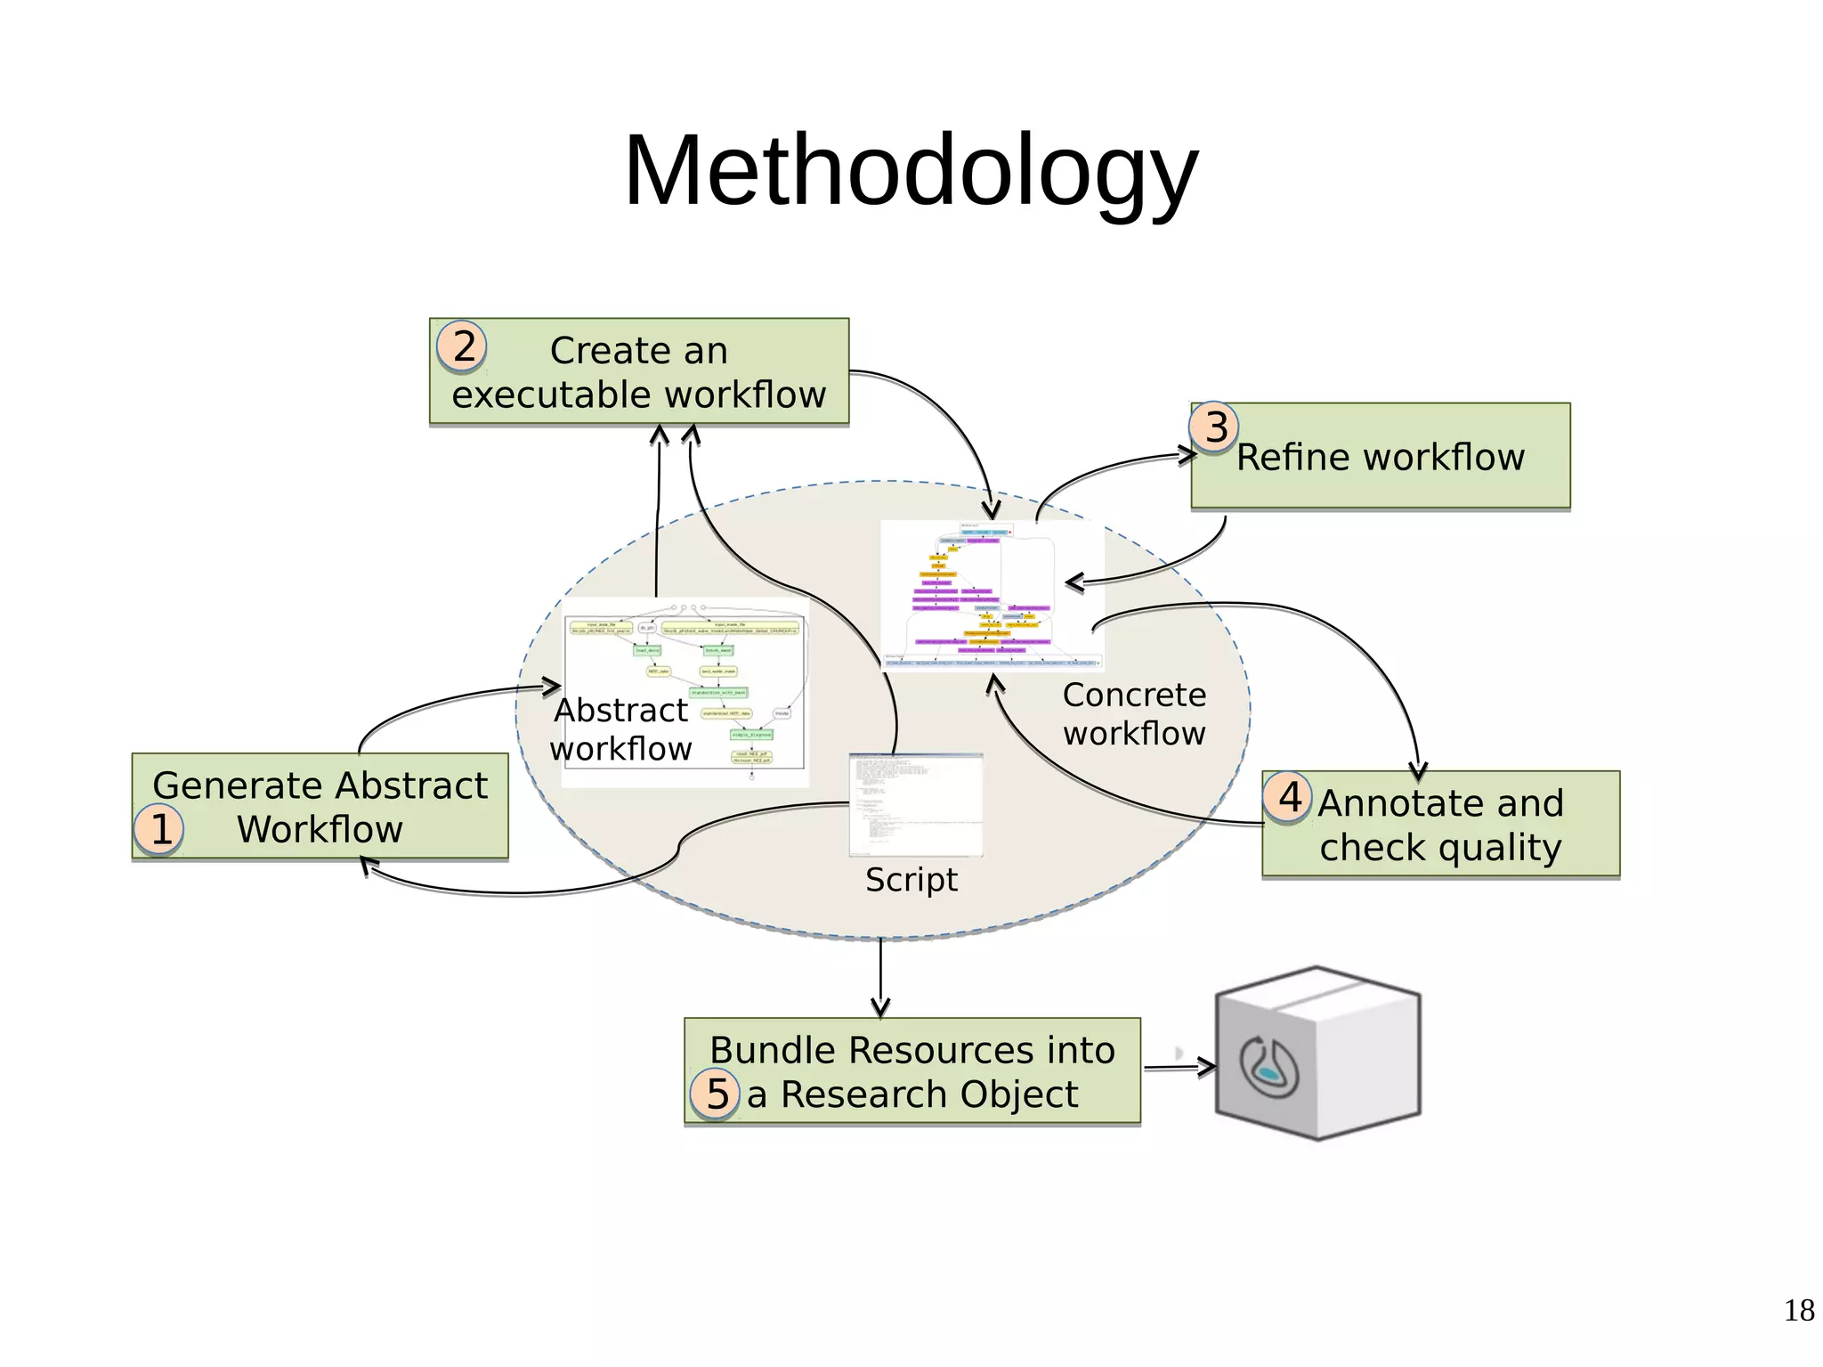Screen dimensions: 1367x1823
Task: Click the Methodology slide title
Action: [911, 171]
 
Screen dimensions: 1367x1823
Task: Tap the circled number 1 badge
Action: [159, 829]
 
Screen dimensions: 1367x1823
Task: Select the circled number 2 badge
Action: [463, 346]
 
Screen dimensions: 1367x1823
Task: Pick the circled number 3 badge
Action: [1215, 427]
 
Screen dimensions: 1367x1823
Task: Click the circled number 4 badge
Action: [1288, 797]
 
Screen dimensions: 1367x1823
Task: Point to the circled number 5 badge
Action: [716, 1094]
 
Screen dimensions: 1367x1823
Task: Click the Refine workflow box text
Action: [1380, 458]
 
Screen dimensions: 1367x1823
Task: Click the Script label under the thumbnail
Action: [911, 880]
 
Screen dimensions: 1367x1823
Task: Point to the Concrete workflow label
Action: [1134, 713]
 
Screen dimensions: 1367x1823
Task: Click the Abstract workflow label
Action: [620, 729]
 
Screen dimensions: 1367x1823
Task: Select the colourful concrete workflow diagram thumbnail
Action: [991, 595]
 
